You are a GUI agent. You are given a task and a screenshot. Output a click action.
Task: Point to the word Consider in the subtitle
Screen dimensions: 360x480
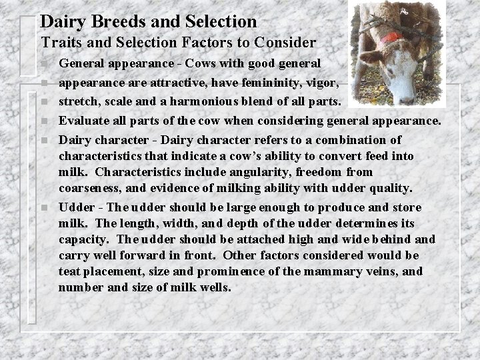click(286, 43)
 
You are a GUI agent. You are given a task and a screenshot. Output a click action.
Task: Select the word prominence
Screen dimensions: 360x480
click(257, 271)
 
